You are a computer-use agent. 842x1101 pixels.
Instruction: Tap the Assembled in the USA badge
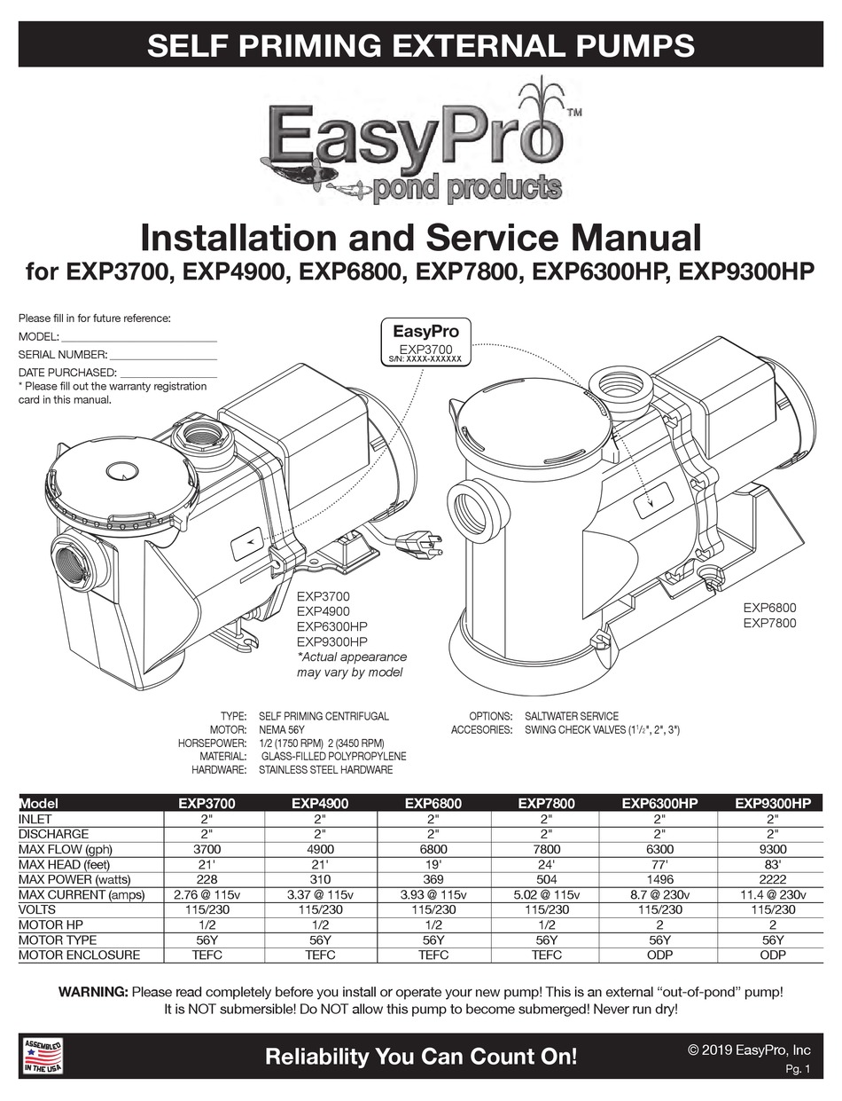coord(43,1056)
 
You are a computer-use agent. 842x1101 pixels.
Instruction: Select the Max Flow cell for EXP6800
coord(433,849)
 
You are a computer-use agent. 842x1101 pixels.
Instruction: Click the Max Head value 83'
coord(772,864)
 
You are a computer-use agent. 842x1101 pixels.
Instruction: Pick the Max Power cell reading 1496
coord(659,879)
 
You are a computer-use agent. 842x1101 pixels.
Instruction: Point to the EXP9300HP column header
coord(772,804)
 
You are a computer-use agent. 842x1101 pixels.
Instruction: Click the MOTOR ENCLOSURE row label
coord(79,955)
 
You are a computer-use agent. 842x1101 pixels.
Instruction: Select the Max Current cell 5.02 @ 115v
coord(546,894)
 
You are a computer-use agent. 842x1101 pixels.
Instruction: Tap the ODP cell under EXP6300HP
coord(659,955)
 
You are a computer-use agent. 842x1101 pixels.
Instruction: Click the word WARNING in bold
coord(92,992)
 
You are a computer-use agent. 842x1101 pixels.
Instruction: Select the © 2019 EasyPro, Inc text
coord(749,1050)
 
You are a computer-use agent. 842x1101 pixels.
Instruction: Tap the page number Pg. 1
coord(797,1070)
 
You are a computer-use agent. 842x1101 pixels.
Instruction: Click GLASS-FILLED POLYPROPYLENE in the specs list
coord(333,755)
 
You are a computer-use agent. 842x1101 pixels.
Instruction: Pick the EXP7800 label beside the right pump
coord(768,623)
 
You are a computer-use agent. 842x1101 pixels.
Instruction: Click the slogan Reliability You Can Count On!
coord(421,1057)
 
